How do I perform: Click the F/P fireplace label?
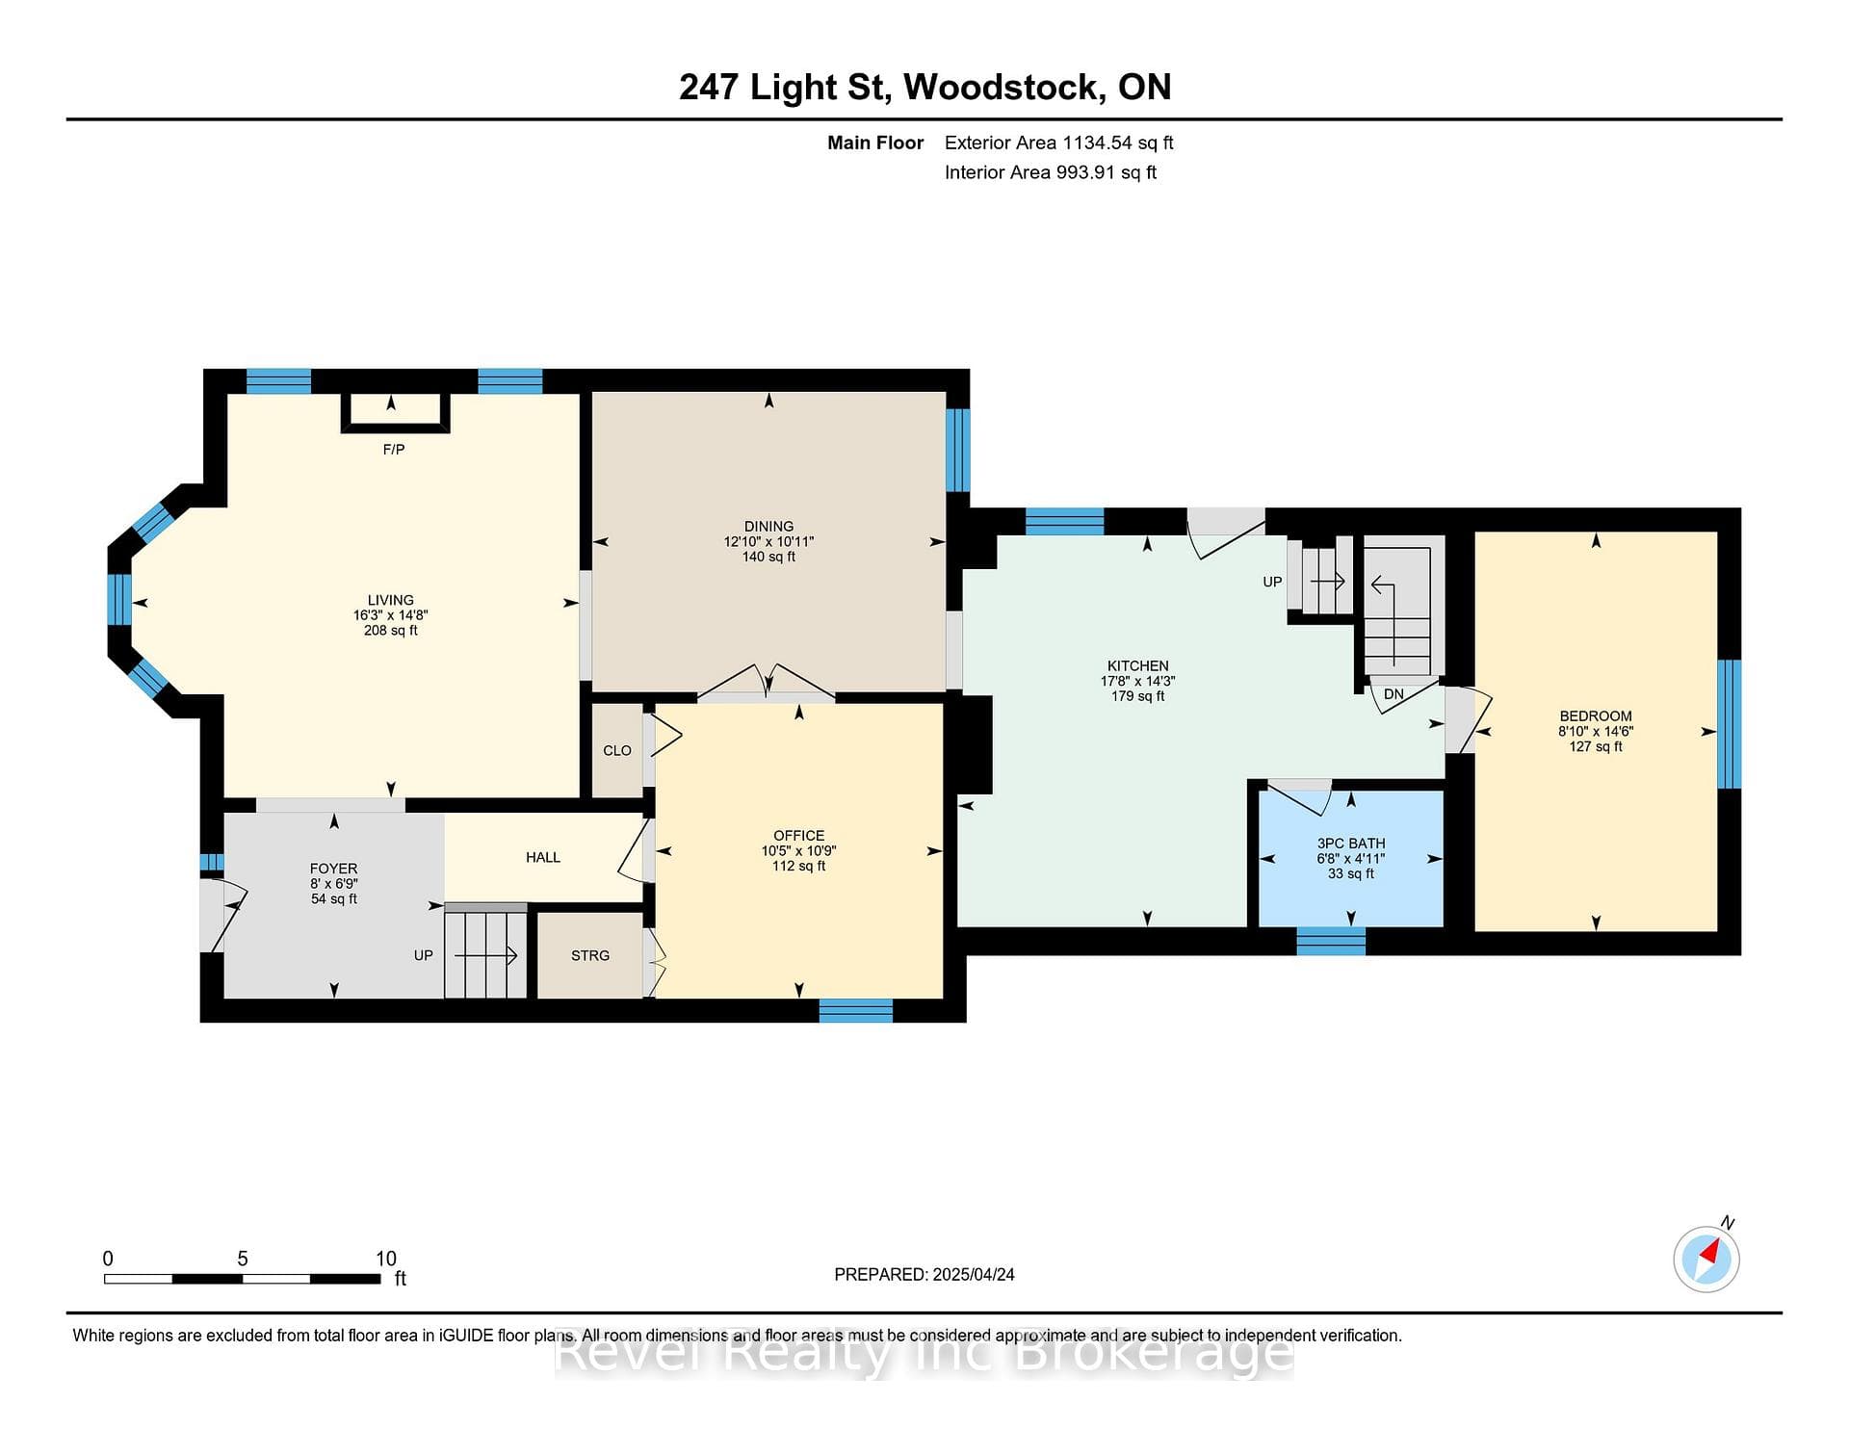pyautogui.click(x=393, y=450)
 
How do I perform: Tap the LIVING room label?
pyautogui.click(x=390, y=600)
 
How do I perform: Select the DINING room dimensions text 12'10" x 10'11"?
pyautogui.click(x=768, y=542)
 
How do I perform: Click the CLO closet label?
pyautogui.click(x=617, y=751)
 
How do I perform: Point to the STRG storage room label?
pyautogui.click(x=590, y=955)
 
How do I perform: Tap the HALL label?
pyautogui.click(x=543, y=857)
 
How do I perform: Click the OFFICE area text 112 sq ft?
pyautogui.click(x=798, y=867)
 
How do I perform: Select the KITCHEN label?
pyautogui.click(x=1138, y=666)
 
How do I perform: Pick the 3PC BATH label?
pyautogui.click(x=1351, y=844)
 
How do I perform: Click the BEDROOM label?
pyautogui.click(x=1596, y=716)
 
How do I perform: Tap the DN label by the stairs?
pyautogui.click(x=1393, y=694)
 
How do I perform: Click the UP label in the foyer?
pyautogui.click(x=424, y=955)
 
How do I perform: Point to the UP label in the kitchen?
pyautogui.click(x=1272, y=582)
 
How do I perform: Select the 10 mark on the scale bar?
pyautogui.click(x=386, y=1259)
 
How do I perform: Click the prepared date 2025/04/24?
pyautogui.click(x=974, y=1275)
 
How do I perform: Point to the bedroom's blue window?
pyautogui.click(x=1730, y=724)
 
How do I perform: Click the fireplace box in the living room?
pyautogui.click(x=395, y=412)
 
